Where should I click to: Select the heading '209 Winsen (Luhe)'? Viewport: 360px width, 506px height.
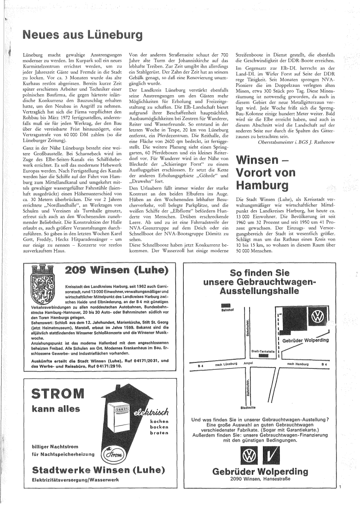click(x=117, y=270)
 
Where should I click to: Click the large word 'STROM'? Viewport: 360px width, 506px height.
click(x=58, y=394)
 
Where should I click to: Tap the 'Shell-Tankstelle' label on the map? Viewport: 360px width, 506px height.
click(x=263, y=351)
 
